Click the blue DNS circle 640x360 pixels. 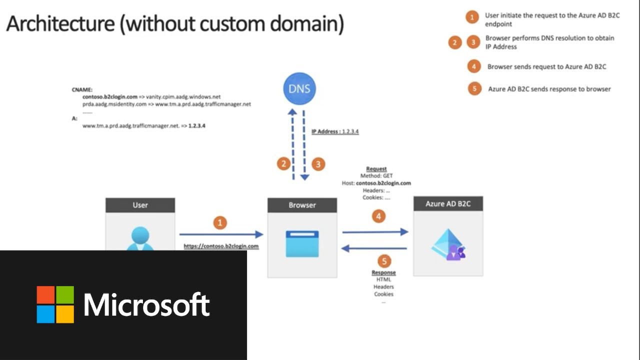coord(299,89)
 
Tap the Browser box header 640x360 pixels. coord(302,205)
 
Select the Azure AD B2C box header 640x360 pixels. coord(448,204)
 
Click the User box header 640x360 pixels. coord(140,205)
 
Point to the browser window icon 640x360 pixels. coord(302,243)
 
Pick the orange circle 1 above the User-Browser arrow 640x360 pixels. coord(220,222)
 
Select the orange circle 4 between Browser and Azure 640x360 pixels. coord(378,216)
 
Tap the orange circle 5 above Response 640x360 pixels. coord(384,261)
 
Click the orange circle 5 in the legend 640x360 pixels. coord(474,89)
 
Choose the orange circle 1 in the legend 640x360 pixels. coord(471,18)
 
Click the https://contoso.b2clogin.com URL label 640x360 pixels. coord(221,246)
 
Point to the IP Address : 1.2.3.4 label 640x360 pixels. coord(335,131)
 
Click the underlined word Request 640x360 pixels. coord(376,169)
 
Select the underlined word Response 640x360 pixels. coord(383,272)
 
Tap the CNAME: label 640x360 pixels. coord(82,90)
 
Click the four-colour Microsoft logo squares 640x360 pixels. coord(55,304)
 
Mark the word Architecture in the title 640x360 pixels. coord(60,24)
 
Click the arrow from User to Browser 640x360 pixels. coord(221,234)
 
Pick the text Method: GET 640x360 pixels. coord(376,176)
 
